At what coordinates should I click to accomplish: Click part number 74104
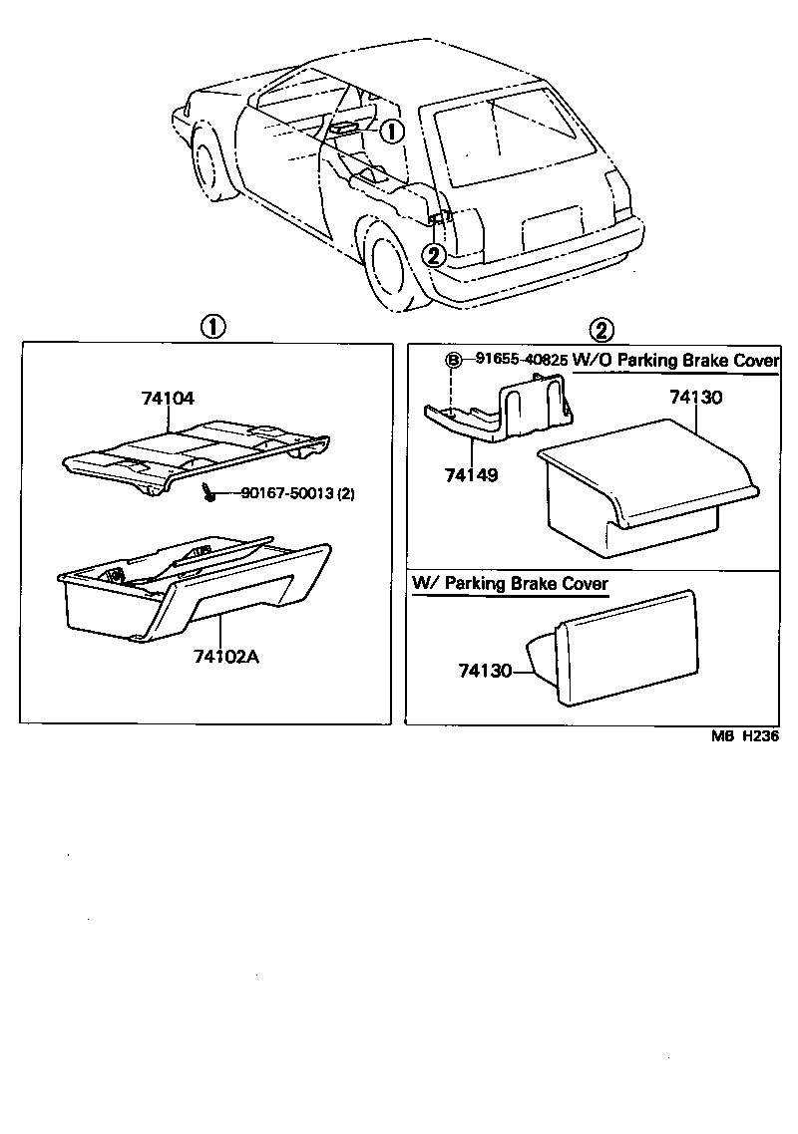pyautogui.click(x=168, y=398)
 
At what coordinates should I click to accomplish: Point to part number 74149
pyautogui.click(x=471, y=474)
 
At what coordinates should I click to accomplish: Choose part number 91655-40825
pyautogui.click(x=520, y=360)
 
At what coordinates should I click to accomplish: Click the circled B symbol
pyautogui.click(x=453, y=360)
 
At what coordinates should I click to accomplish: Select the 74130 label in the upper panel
pyautogui.click(x=696, y=397)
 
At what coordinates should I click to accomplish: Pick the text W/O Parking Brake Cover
pyautogui.click(x=676, y=360)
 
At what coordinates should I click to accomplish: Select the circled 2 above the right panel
pyautogui.click(x=602, y=328)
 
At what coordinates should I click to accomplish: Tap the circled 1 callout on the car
pyautogui.click(x=392, y=130)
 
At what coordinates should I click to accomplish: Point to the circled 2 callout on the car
pyautogui.click(x=433, y=254)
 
